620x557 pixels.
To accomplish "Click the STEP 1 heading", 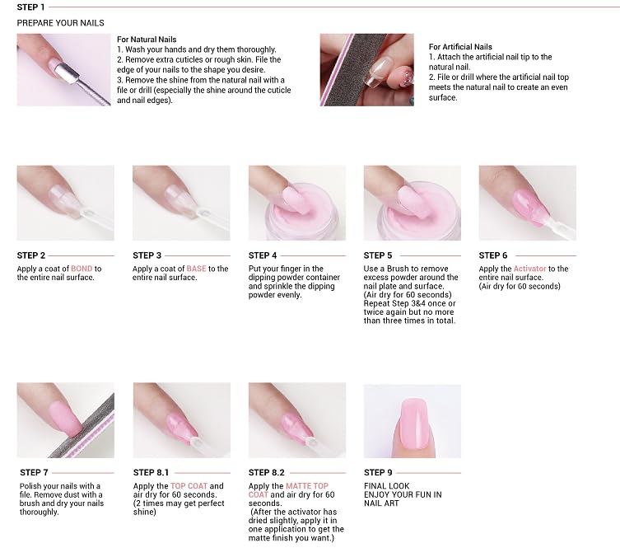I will point(31,7).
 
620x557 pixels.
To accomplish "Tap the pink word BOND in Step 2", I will point(82,269).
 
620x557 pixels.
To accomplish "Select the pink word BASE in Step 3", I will point(196,269).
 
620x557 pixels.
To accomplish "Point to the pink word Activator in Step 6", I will point(529,269).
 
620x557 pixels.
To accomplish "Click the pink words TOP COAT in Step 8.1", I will point(189,486).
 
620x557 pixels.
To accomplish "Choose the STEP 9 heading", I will point(378,473).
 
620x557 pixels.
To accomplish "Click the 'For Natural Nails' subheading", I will point(147,40).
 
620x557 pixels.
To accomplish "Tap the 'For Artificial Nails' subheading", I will point(460,47).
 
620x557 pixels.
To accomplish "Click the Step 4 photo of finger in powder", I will point(296,203).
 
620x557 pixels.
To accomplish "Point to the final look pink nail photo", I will point(412,420).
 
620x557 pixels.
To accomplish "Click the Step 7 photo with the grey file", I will point(65,420).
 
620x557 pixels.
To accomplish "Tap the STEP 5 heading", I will point(378,255).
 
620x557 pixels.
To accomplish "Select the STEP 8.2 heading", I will point(266,473).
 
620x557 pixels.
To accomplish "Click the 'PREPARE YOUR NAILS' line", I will point(60,22).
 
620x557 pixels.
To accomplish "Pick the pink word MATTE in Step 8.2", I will point(297,486).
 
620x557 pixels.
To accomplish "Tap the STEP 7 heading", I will point(34,473).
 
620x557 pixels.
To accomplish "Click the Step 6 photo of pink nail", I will point(527,203).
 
